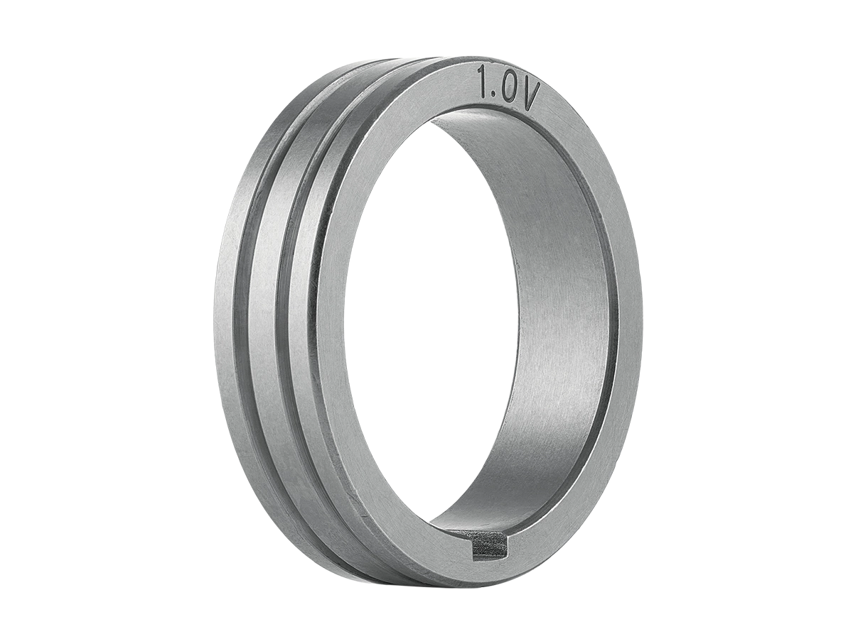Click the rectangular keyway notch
[490, 547]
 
